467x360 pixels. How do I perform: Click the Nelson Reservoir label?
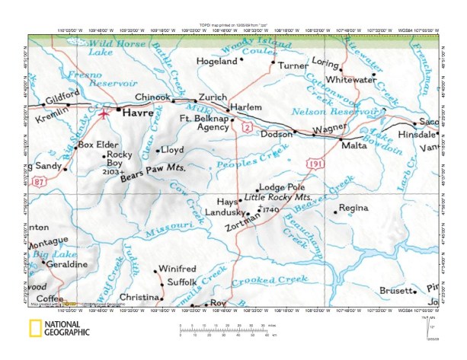pyautogui.click(x=347, y=110)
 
